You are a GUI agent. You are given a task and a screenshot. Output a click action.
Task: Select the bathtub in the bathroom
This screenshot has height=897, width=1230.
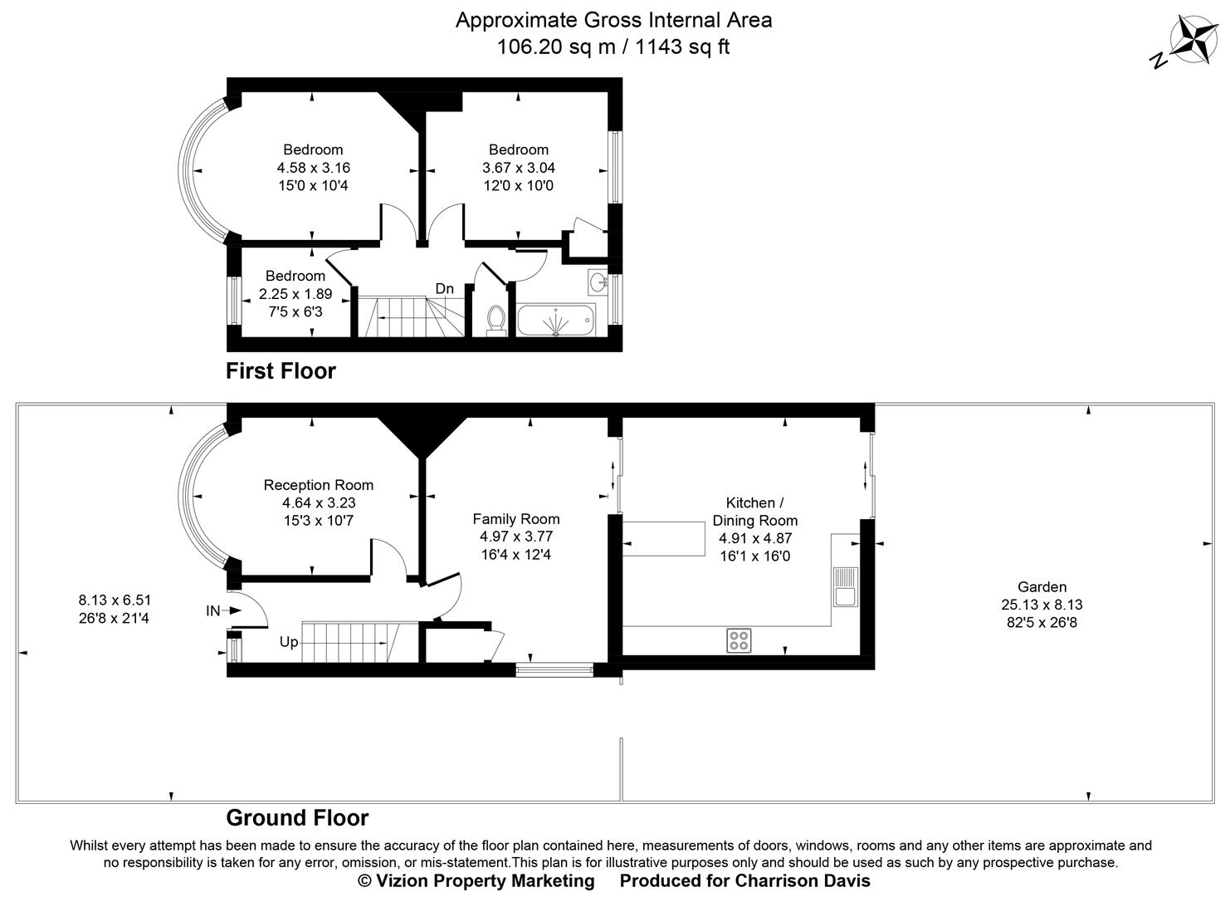click(555, 320)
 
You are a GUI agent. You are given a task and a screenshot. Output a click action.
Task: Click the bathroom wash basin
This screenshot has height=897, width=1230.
click(598, 282)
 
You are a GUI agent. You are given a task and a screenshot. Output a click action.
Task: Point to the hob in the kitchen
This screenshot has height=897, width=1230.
click(739, 640)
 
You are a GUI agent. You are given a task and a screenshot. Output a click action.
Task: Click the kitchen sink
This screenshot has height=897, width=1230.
click(844, 586)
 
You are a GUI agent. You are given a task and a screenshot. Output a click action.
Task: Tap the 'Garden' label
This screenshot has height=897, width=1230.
click(1042, 587)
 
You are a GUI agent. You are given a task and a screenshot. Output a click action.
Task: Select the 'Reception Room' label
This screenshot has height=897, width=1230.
click(319, 485)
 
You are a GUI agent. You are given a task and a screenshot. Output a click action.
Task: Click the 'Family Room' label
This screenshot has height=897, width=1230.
click(515, 519)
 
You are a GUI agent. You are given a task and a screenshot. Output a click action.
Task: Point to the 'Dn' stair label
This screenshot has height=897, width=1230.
click(445, 289)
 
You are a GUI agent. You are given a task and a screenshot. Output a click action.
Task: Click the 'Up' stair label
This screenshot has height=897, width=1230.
click(288, 642)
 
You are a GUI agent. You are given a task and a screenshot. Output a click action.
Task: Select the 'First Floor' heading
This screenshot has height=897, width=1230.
click(281, 370)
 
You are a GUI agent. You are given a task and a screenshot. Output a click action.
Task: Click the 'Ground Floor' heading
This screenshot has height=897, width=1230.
click(297, 818)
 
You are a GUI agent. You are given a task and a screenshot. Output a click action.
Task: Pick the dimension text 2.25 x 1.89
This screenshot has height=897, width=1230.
click(295, 294)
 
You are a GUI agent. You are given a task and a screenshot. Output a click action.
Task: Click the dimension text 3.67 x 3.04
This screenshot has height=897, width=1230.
click(519, 168)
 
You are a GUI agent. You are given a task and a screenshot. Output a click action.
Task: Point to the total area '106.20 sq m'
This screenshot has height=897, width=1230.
click(555, 47)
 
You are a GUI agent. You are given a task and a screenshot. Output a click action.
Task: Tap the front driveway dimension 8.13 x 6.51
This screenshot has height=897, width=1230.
click(115, 600)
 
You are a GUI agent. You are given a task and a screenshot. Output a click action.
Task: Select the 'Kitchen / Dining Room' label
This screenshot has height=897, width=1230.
click(754, 512)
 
